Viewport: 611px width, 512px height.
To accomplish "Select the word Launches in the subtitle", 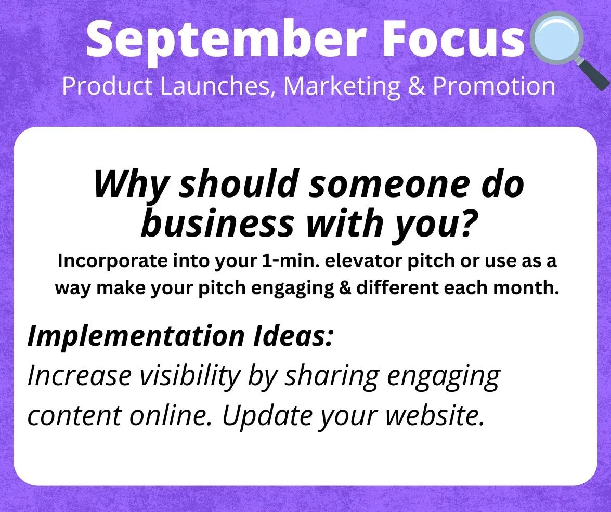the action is pos(215,86).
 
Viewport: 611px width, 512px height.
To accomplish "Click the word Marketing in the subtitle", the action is pos(342,86).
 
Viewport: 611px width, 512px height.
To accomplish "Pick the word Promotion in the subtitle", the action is pos(493,86).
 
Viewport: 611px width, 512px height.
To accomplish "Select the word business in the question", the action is pos(217,223).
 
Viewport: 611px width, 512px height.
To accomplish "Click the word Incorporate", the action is pos(112,260).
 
